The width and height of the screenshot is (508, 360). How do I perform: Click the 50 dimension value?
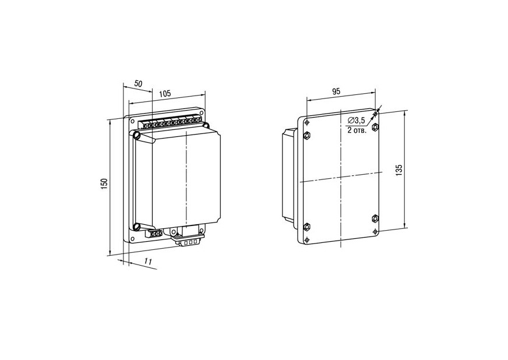pyautogui.click(x=138, y=83)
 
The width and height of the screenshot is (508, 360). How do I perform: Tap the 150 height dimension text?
pyautogui.click(x=104, y=183)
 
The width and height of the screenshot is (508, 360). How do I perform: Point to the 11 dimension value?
pyautogui.click(x=149, y=262)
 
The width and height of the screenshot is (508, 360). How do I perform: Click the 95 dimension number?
pyautogui.click(x=336, y=91)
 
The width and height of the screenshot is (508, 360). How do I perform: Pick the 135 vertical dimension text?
pyautogui.click(x=399, y=170)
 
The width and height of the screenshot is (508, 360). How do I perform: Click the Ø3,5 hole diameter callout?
pyautogui.click(x=356, y=121)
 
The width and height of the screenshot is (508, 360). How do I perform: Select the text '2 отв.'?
pyautogui.click(x=357, y=130)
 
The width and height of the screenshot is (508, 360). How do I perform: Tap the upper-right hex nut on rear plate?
pyautogui.click(x=375, y=126)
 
